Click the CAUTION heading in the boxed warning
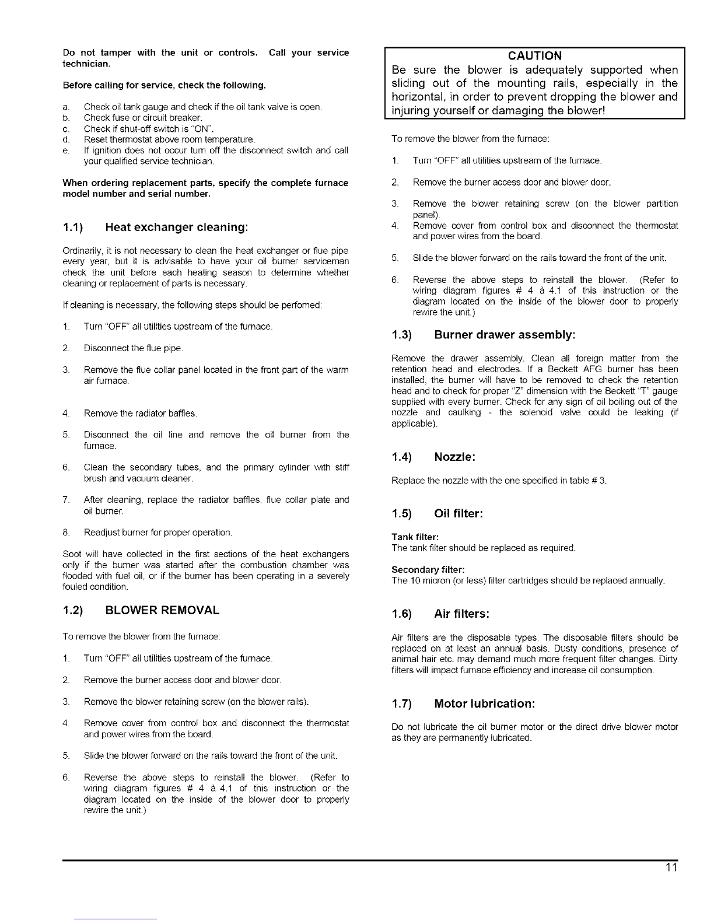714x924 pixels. click(x=534, y=56)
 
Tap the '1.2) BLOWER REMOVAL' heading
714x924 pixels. click(x=141, y=610)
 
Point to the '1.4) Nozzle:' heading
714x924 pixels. click(x=433, y=457)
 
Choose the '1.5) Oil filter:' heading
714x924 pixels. click(x=437, y=514)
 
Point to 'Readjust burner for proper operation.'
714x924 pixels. click(x=158, y=533)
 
